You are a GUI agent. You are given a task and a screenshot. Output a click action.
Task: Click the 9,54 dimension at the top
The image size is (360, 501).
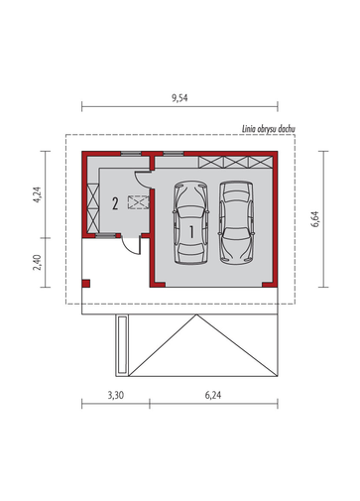tap(180, 98)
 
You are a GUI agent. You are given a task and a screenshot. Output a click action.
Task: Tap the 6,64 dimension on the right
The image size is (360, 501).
tap(314, 219)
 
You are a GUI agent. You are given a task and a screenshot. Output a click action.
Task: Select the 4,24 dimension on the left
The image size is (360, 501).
tap(37, 194)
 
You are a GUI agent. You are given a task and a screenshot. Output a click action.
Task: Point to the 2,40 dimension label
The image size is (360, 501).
tap(37, 262)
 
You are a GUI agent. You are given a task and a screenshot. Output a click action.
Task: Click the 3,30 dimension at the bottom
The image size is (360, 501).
tap(116, 395)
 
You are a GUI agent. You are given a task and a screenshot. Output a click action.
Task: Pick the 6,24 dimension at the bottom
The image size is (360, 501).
tap(213, 395)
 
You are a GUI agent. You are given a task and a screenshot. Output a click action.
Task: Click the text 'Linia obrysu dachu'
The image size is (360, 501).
tap(269, 129)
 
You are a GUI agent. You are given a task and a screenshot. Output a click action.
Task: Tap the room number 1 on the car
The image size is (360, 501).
tap(191, 232)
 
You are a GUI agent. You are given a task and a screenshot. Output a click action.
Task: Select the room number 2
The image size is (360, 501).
tap(115, 203)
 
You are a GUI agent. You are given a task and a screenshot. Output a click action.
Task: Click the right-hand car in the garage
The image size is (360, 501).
tap(236, 222)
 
